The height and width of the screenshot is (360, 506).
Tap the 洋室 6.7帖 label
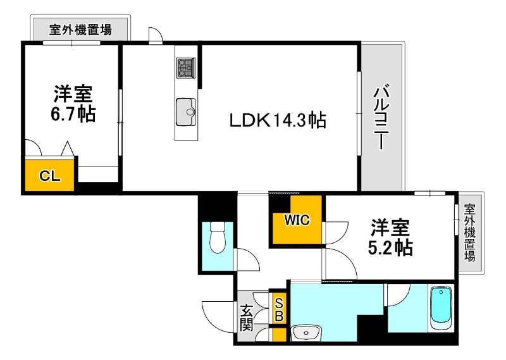pos(73,104)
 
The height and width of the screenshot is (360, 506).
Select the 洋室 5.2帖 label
pos(390,237)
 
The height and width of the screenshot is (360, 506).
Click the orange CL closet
pos(50,176)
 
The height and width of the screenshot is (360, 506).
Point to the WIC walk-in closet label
pos(296,221)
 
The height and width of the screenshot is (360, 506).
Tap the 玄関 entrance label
pos(247,318)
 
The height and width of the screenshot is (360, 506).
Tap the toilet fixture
pos(217,237)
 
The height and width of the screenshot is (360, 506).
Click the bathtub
pos(441,309)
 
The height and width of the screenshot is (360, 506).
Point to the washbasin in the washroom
pos(307,332)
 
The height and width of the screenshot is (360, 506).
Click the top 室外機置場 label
pos(81,28)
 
